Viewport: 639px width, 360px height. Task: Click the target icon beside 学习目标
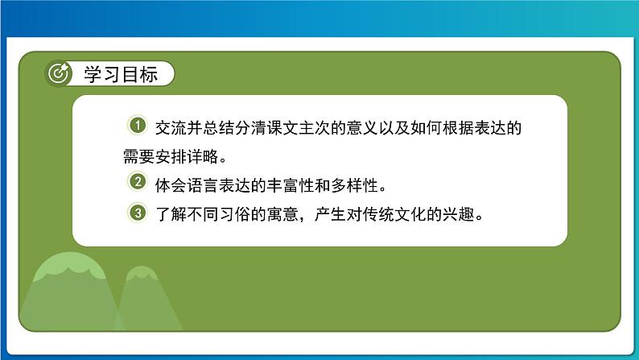point(59,73)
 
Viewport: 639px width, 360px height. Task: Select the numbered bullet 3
point(138,213)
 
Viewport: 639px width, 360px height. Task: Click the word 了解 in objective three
point(171,214)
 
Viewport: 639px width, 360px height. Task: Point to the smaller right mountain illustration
point(145,302)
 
